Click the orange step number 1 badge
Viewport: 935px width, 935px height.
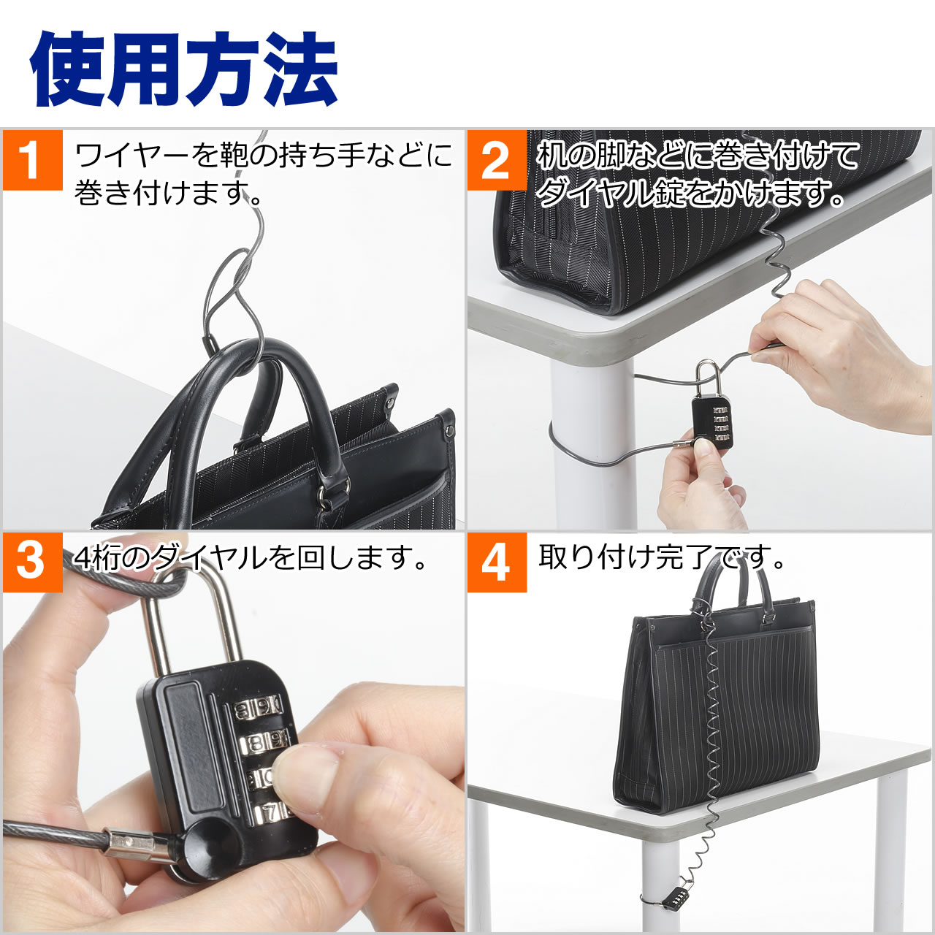click(x=31, y=159)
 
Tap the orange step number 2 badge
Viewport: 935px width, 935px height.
click(x=496, y=159)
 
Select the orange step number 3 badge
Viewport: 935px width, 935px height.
click(x=31, y=561)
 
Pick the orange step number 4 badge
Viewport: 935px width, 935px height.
click(x=496, y=561)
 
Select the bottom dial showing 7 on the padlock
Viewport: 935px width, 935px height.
click(x=270, y=811)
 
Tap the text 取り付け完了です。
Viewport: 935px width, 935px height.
click(x=661, y=559)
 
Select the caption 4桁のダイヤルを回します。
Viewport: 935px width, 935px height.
click(x=252, y=559)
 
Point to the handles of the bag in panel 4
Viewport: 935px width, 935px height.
click(x=730, y=588)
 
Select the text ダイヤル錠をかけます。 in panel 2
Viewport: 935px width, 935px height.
click(x=690, y=194)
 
